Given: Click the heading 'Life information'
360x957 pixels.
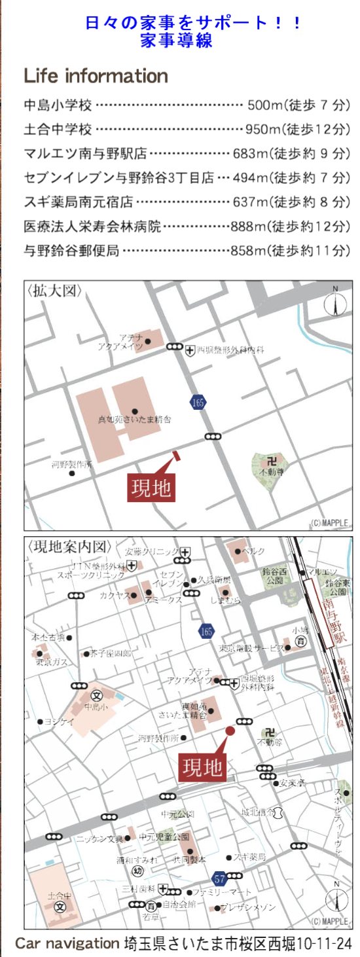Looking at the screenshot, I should [96, 76].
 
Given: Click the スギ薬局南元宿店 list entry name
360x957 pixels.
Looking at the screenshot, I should [79, 202].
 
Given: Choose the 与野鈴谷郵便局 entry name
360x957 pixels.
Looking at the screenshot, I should [71, 250].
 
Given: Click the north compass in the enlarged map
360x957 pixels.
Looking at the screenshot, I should [336, 304].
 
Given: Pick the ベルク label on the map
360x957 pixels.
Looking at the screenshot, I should [253, 552].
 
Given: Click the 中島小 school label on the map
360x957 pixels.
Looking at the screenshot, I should [95, 707].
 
